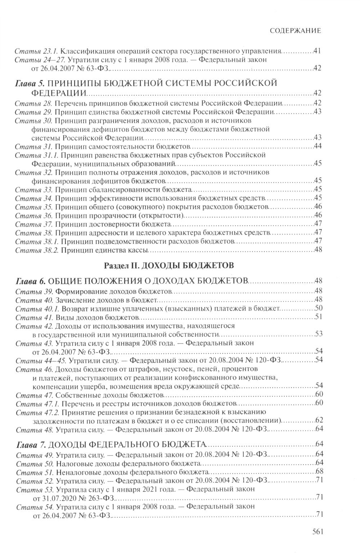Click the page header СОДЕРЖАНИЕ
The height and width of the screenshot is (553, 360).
point(295,31)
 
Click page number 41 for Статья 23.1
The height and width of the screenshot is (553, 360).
point(317,51)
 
